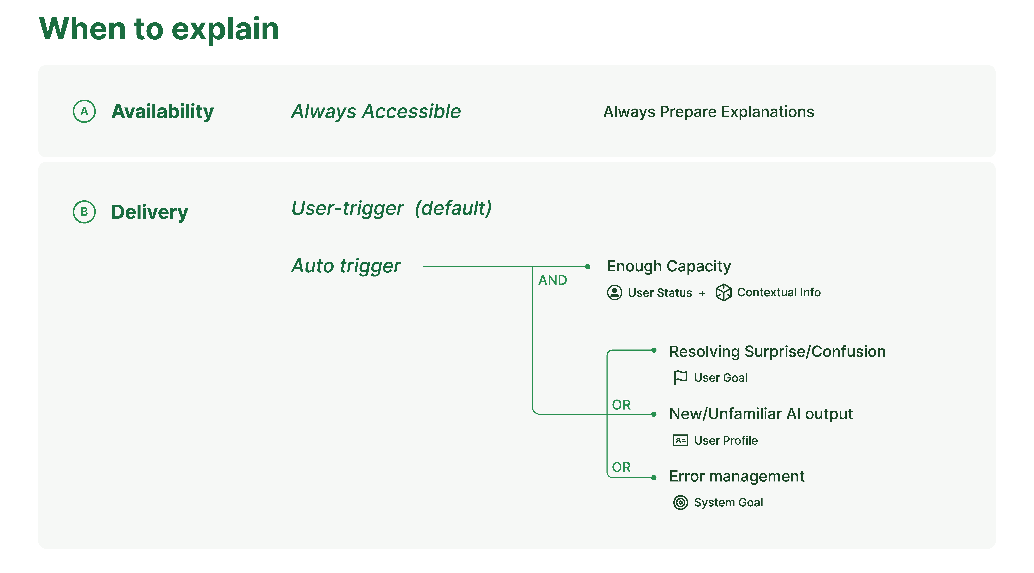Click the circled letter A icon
point(84,111)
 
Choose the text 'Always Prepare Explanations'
point(709,112)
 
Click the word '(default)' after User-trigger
point(453,208)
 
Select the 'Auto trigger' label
point(346,266)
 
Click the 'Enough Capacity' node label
point(669,266)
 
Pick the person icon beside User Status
point(615,292)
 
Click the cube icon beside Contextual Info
point(724,292)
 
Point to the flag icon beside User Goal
point(680,377)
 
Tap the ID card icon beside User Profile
point(680,440)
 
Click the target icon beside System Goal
point(680,502)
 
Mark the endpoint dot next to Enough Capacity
point(588,267)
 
